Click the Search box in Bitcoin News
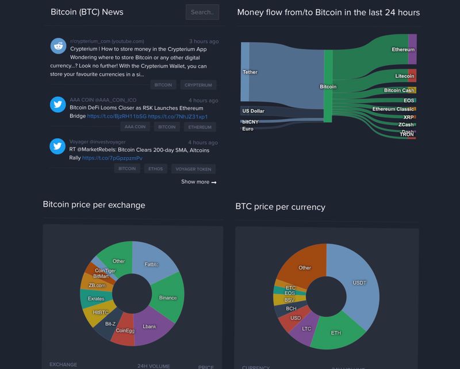tap(202, 12)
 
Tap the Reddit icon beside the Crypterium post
tap(57, 46)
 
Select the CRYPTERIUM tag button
tap(198, 85)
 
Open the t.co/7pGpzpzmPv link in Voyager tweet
tap(112, 158)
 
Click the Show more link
tap(198, 182)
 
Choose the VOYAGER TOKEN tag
tap(194, 169)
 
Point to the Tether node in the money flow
tap(245, 73)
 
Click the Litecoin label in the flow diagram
tap(405, 76)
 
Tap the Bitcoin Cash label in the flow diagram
tap(399, 90)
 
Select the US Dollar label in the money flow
tap(253, 111)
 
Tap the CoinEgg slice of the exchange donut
tap(124, 330)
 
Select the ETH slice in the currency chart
tap(336, 333)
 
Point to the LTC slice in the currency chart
tap(306, 329)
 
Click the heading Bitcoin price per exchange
tap(94, 205)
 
